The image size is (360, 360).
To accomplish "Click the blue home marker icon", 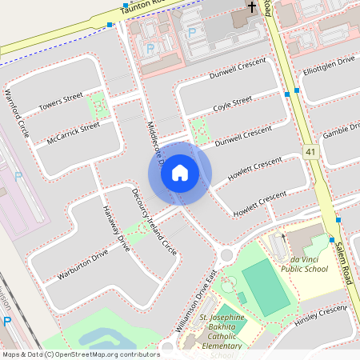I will [180, 173].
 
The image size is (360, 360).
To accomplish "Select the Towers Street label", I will [61, 102].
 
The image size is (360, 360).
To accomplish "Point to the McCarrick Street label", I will [73, 130].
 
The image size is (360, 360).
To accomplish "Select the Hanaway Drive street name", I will [115, 228].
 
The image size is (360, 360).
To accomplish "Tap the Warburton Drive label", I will [82, 266].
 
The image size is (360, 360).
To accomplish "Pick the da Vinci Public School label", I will [304, 264].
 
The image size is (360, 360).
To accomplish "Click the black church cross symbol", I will [251, 8].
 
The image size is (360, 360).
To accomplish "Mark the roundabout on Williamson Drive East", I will [226, 256].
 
